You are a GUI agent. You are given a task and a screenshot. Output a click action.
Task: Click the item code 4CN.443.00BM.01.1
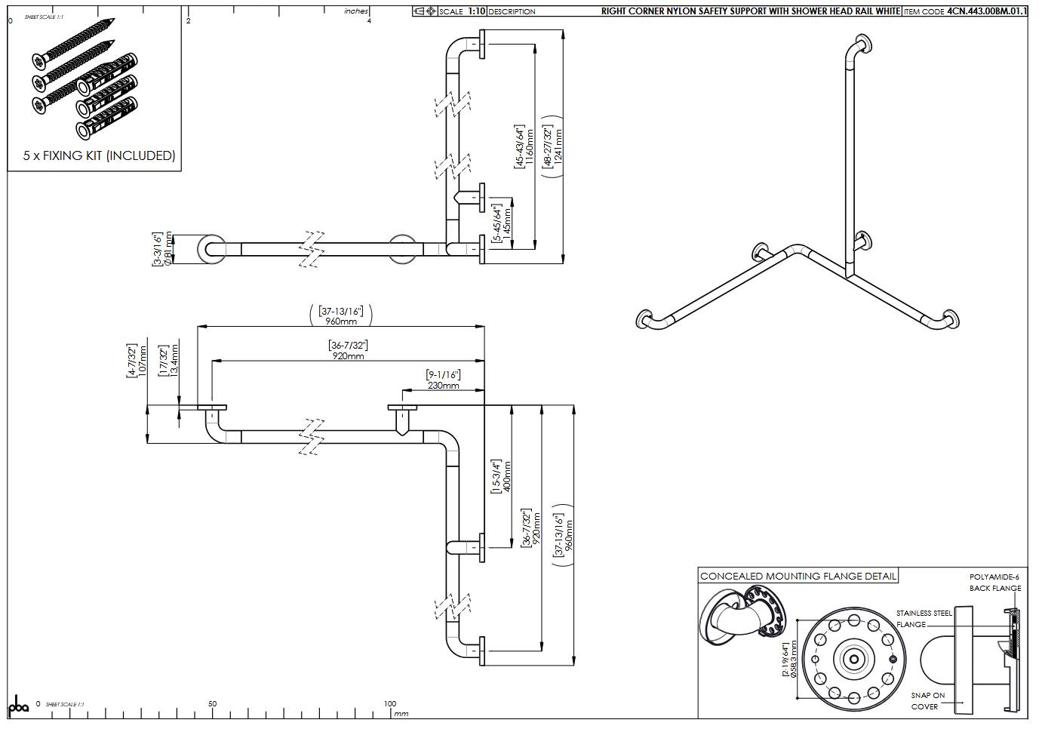986,11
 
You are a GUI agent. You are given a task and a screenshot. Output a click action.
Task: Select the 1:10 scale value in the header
476,11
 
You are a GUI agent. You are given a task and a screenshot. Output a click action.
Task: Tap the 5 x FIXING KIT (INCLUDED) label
99,155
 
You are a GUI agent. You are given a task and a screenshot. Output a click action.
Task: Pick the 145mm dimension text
507,223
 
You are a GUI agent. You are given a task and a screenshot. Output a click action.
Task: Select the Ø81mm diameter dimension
168,249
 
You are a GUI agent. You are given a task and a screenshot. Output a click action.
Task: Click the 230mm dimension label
443,385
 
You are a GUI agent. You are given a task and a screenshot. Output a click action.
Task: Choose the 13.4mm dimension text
174,361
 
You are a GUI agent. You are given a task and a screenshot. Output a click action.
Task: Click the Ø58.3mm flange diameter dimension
793,660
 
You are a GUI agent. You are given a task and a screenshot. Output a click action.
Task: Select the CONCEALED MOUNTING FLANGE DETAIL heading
798,577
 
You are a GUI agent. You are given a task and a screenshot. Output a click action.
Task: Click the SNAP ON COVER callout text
927,701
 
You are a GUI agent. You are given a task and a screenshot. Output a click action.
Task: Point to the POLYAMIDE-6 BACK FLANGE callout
994,583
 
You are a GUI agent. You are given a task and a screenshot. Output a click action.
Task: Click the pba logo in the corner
18,706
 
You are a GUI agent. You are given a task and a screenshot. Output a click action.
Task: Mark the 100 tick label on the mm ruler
389,703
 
